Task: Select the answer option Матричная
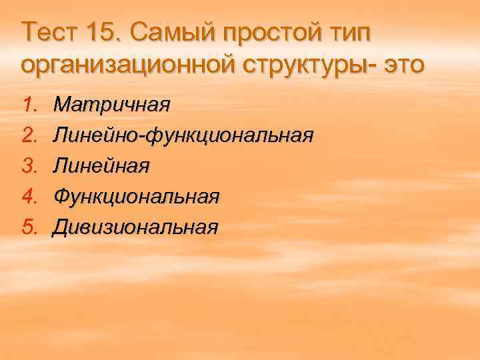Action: click(112, 105)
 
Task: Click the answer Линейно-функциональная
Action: click(183, 136)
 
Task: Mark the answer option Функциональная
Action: click(136, 197)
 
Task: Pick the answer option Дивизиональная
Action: click(136, 227)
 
